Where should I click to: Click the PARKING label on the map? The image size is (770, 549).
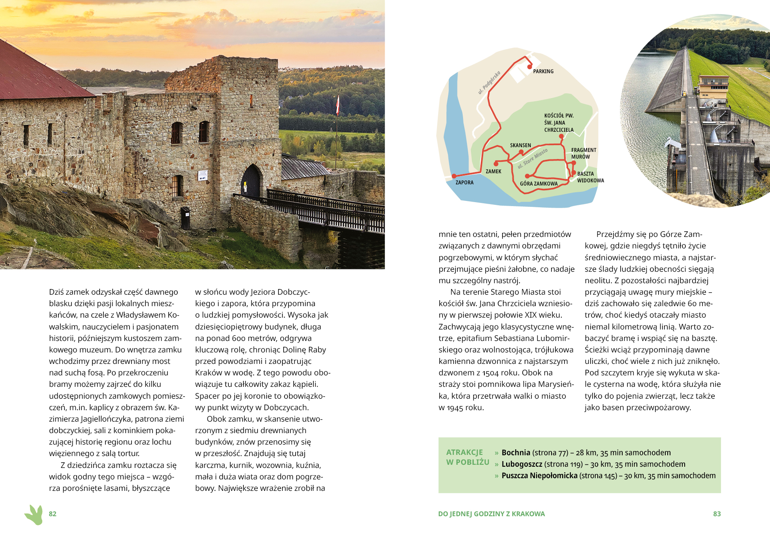(543, 71)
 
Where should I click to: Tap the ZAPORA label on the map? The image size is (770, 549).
(464, 182)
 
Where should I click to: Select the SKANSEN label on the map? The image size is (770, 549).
(520, 145)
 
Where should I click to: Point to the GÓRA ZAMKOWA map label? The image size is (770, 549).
(538, 184)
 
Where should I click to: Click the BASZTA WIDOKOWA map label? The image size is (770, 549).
(590, 177)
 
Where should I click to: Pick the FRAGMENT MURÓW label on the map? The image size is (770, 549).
(583, 153)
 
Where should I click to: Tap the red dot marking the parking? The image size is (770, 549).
(530, 67)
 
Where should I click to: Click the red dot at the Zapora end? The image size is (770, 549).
(454, 176)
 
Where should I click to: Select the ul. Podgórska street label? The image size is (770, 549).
(489, 83)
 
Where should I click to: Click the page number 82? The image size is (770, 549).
(53, 514)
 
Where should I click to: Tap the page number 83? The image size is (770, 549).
(717, 514)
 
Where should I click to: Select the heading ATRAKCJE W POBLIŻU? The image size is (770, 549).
(467, 457)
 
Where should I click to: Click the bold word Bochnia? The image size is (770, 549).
(516, 452)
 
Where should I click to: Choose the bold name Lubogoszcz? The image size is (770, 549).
(521, 464)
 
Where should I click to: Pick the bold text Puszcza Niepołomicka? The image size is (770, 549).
(539, 475)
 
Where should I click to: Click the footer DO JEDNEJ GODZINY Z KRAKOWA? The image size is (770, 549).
(491, 514)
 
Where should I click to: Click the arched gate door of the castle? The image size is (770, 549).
(251, 182)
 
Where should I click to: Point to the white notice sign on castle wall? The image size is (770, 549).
(203, 175)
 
